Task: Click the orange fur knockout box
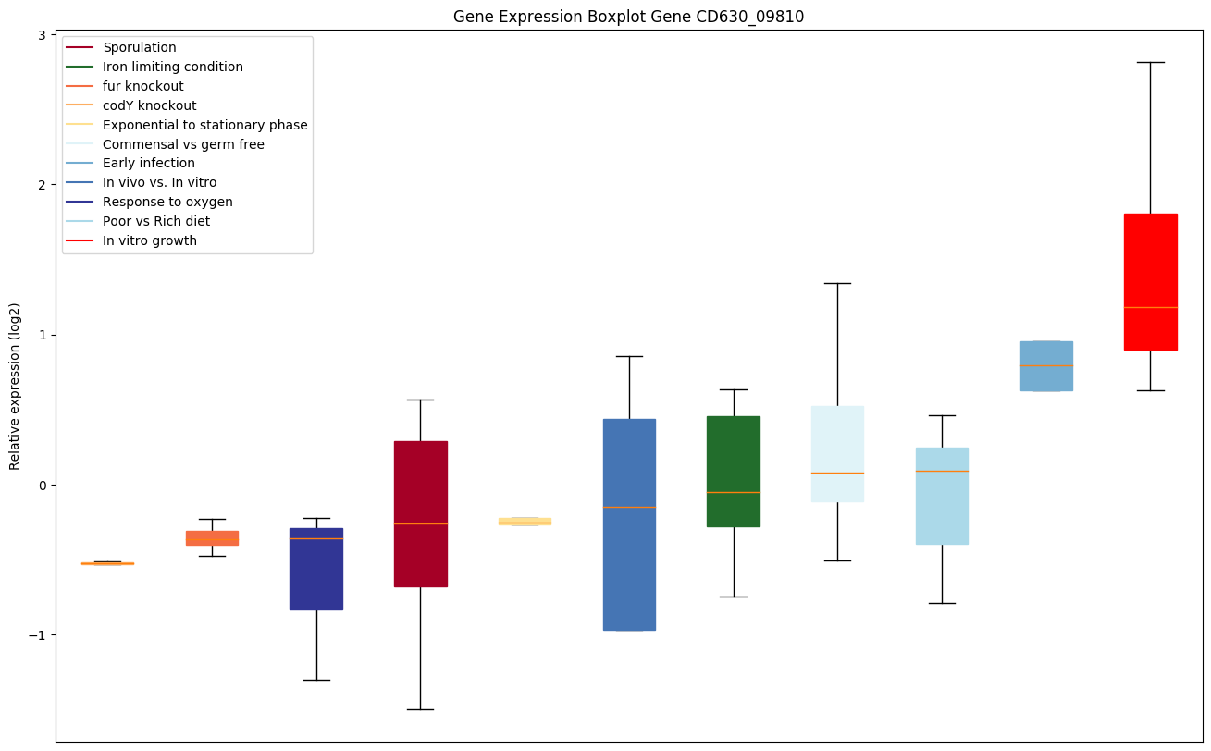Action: [212, 537]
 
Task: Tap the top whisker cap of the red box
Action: [1150, 62]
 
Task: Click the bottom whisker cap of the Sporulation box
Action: [420, 709]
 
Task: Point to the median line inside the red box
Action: [1150, 307]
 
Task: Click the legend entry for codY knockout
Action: [149, 105]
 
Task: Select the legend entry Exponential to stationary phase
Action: [204, 125]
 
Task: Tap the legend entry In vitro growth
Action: [149, 241]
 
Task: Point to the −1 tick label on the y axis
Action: [40, 635]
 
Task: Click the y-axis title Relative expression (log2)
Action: [15, 386]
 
